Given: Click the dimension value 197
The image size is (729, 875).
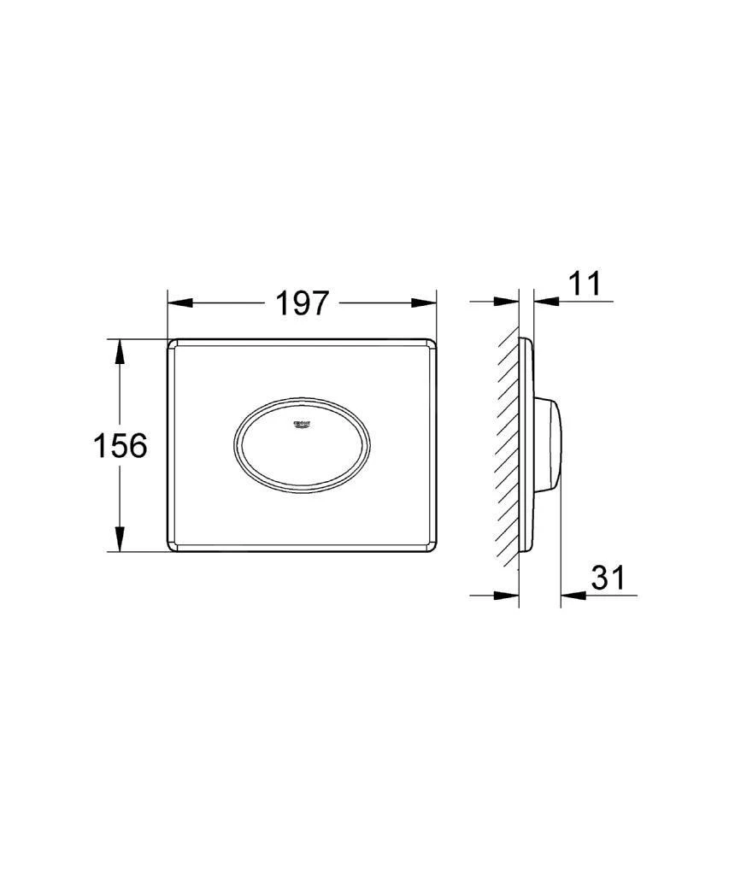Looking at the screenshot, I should tap(302, 302).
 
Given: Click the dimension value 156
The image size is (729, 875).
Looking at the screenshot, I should tap(120, 445).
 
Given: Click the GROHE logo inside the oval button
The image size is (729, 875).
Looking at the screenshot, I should tap(303, 425).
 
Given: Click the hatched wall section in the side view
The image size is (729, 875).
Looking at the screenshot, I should tap(508, 444).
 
